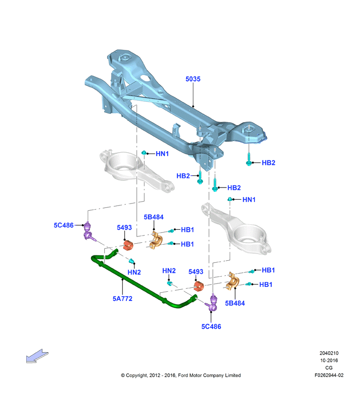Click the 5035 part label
click(x=193, y=79)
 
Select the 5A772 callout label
click(x=122, y=299)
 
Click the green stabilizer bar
click(x=141, y=283)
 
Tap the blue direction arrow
click(x=37, y=356)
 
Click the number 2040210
click(x=329, y=353)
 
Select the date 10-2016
click(x=329, y=360)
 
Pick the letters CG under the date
click(x=329, y=368)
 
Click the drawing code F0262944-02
click(x=329, y=375)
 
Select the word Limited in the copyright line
click(x=233, y=375)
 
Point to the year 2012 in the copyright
click(x=155, y=375)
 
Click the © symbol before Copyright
click(x=123, y=376)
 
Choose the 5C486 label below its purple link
click(x=211, y=327)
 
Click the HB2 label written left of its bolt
click(x=183, y=176)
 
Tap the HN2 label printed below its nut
click(x=134, y=272)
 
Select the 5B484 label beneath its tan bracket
click(x=235, y=303)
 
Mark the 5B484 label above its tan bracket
click(x=154, y=217)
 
